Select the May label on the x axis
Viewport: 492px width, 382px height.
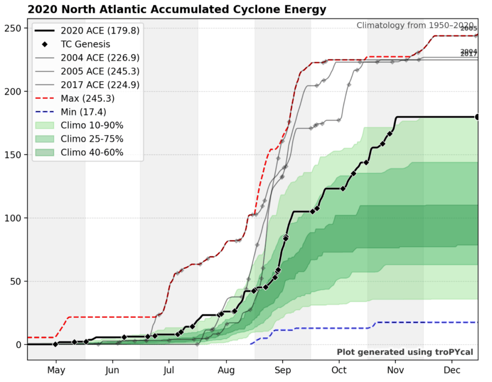[x=56, y=370]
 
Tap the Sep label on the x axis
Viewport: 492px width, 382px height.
[x=282, y=370]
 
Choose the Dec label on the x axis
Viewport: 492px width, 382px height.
[x=452, y=370]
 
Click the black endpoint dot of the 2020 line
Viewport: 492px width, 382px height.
[x=477, y=117]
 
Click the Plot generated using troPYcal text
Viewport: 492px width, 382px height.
[x=405, y=352]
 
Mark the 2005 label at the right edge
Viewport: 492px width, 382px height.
[x=469, y=29]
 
